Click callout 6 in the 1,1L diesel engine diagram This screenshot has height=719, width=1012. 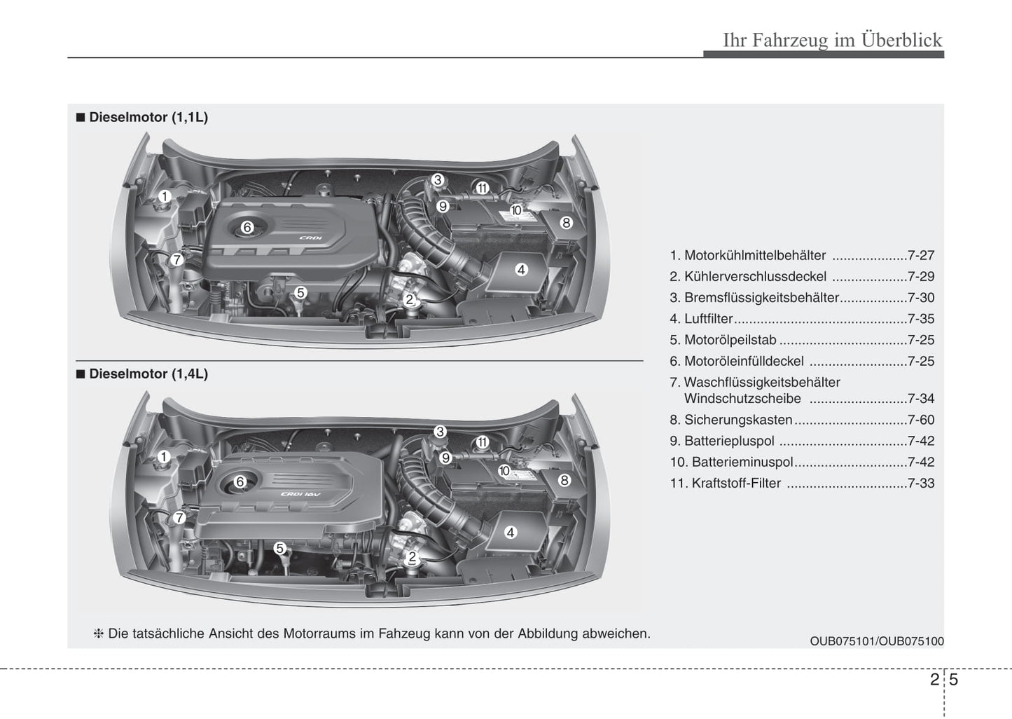[x=247, y=227]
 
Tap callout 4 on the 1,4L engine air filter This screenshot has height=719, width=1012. [x=511, y=533]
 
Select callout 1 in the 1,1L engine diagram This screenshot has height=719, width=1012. [x=164, y=196]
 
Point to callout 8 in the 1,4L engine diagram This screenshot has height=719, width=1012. [x=564, y=480]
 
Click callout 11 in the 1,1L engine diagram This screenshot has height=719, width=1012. [x=482, y=188]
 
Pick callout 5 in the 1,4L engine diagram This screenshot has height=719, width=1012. [x=279, y=548]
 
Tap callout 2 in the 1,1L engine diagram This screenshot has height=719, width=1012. [x=410, y=300]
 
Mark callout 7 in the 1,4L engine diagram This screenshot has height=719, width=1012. [x=179, y=518]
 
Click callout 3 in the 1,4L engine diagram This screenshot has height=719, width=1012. [x=440, y=432]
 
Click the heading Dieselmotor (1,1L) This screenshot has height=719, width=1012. [x=148, y=117]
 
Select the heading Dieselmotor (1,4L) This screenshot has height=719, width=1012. [x=148, y=374]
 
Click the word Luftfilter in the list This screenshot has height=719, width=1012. [x=708, y=319]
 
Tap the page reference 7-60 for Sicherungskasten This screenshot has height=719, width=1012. [x=920, y=420]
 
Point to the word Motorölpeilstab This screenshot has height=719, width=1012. [x=730, y=340]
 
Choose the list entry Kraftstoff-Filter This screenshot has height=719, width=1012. [x=735, y=483]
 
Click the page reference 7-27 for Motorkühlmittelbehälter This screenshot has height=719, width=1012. [x=920, y=256]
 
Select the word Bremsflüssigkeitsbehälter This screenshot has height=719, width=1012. [x=761, y=298]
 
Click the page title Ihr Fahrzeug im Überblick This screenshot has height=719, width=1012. [x=832, y=40]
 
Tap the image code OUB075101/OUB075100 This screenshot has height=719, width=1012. [x=876, y=641]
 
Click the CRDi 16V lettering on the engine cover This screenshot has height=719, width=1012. [x=300, y=495]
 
